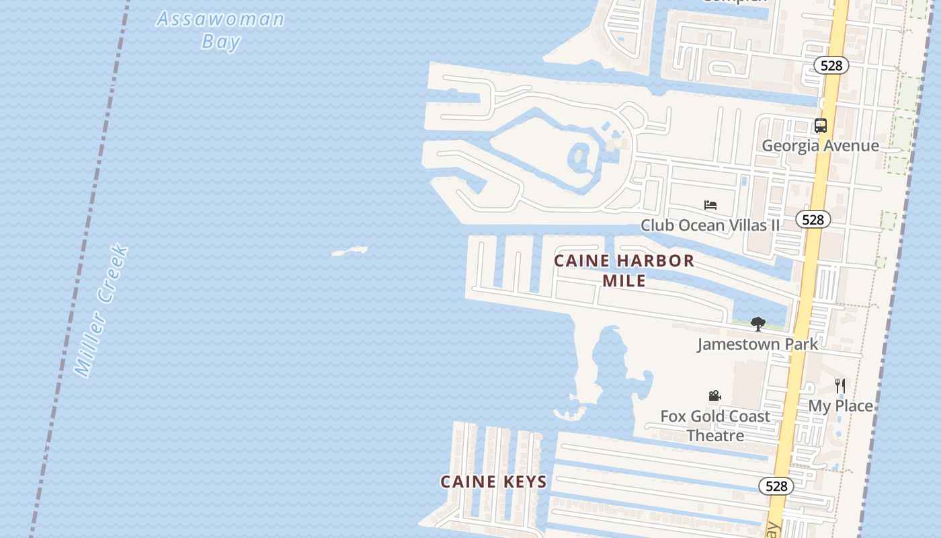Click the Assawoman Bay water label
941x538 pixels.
tap(220, 30)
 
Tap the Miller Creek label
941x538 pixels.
tap(101, 311)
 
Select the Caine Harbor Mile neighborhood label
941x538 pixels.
tap(624, 270)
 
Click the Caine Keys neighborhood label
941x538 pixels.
tap(493, 482)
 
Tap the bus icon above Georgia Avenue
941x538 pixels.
tap(820, 126)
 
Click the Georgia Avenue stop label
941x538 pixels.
tap(820, 146)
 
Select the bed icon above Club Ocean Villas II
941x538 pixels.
tap(710, 205)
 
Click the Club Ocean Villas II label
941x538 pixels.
tap(710, 225)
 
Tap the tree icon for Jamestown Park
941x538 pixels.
tap(758, 324)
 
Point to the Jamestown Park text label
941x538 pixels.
tap(758, 344)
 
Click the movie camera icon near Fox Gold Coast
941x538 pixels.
tap(714, 396)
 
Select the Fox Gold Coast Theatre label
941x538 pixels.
tap(715, 426)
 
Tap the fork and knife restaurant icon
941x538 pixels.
tap(840, 385)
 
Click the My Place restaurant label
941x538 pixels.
tap(840, 406)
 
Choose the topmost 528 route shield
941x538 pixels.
tap(831, 65)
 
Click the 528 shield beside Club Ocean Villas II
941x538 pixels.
tap(813, 219)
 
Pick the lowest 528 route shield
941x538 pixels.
tap(776, 486)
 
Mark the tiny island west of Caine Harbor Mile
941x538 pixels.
tap(350, 251)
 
